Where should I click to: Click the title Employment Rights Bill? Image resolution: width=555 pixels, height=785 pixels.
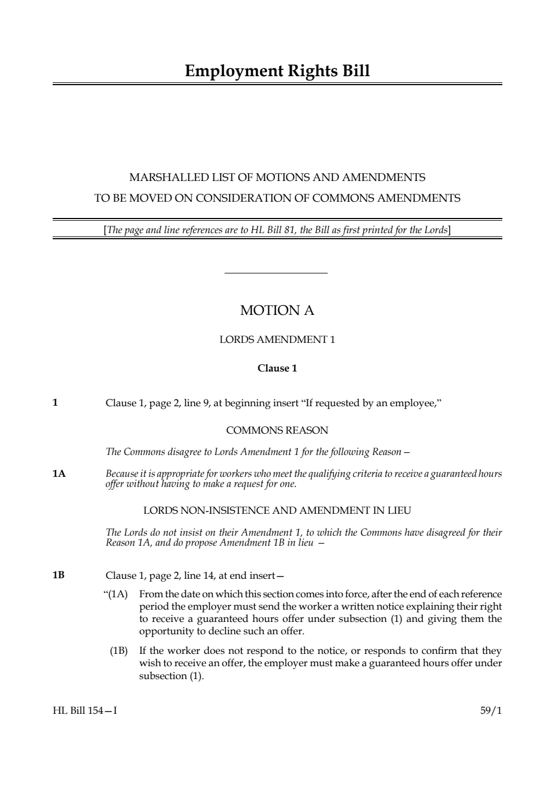[277, 71]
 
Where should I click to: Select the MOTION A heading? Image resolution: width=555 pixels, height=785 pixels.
[277, 310]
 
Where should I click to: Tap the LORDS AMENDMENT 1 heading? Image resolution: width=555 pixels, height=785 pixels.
[277, 340]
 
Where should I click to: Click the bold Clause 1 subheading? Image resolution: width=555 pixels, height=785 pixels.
[277, 369]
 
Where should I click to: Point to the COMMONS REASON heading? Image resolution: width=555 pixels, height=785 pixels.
[277, 431]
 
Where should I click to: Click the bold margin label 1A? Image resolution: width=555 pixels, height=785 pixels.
[59, 474]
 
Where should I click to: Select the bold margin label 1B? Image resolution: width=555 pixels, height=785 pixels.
[59, 575]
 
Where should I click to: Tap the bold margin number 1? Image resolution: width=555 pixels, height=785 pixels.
[55, 402]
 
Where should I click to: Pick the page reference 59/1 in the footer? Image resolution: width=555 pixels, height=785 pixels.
[491, 711]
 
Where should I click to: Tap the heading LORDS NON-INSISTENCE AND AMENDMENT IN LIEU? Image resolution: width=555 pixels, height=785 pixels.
[277, 510]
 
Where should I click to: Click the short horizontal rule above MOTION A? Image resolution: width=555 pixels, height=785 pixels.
[276, 273]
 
